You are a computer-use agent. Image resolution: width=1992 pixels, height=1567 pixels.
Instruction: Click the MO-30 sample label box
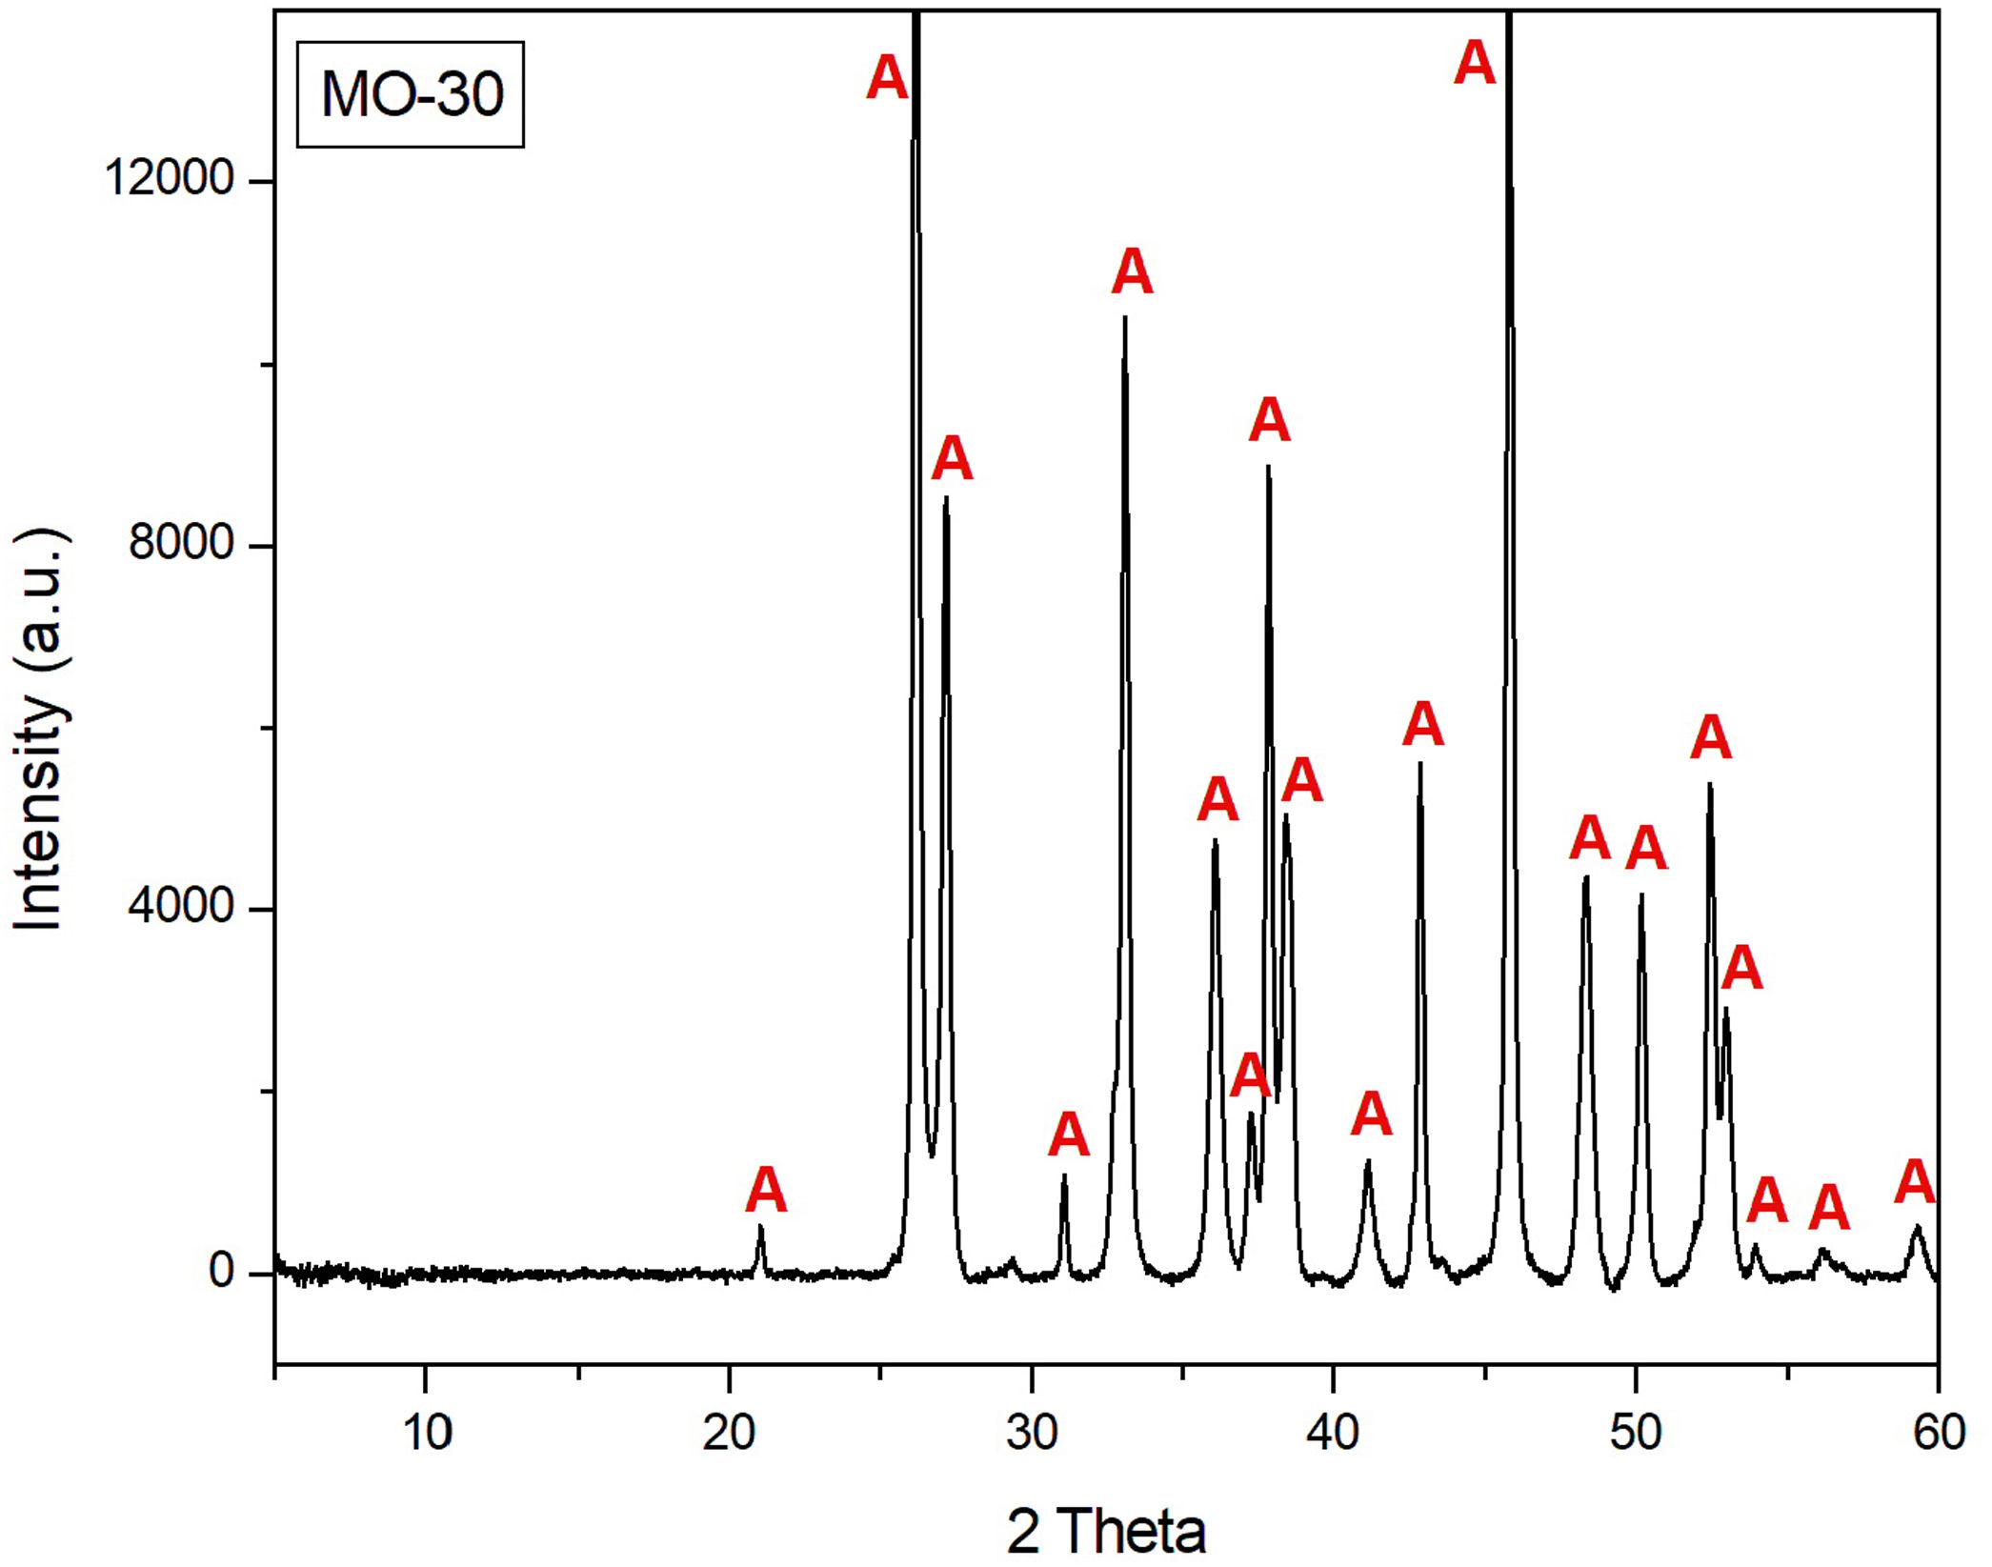tap(411, 94)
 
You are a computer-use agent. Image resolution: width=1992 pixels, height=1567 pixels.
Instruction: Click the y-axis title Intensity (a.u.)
tap(39, 728)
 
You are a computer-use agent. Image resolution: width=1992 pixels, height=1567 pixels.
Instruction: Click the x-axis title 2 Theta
tap(1106, 1530)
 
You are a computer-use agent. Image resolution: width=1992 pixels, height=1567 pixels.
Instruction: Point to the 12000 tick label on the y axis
tap(171, 177)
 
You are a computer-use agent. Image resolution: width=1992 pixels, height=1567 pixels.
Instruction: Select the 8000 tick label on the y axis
tap(182, 542)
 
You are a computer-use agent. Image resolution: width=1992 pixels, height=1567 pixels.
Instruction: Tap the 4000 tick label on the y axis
tap(182, 906)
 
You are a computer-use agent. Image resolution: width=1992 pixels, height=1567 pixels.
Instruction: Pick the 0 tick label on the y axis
tap(222, 1271)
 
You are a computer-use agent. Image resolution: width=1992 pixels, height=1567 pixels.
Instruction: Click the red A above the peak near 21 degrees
tap(767, 1191)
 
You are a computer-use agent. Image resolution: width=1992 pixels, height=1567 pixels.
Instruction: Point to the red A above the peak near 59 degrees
tap(1915, 1182)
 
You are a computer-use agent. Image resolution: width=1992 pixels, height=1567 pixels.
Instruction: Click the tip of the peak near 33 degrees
tap(1125, 318)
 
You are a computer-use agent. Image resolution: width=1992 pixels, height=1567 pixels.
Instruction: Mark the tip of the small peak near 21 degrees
tap(760, 1227)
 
